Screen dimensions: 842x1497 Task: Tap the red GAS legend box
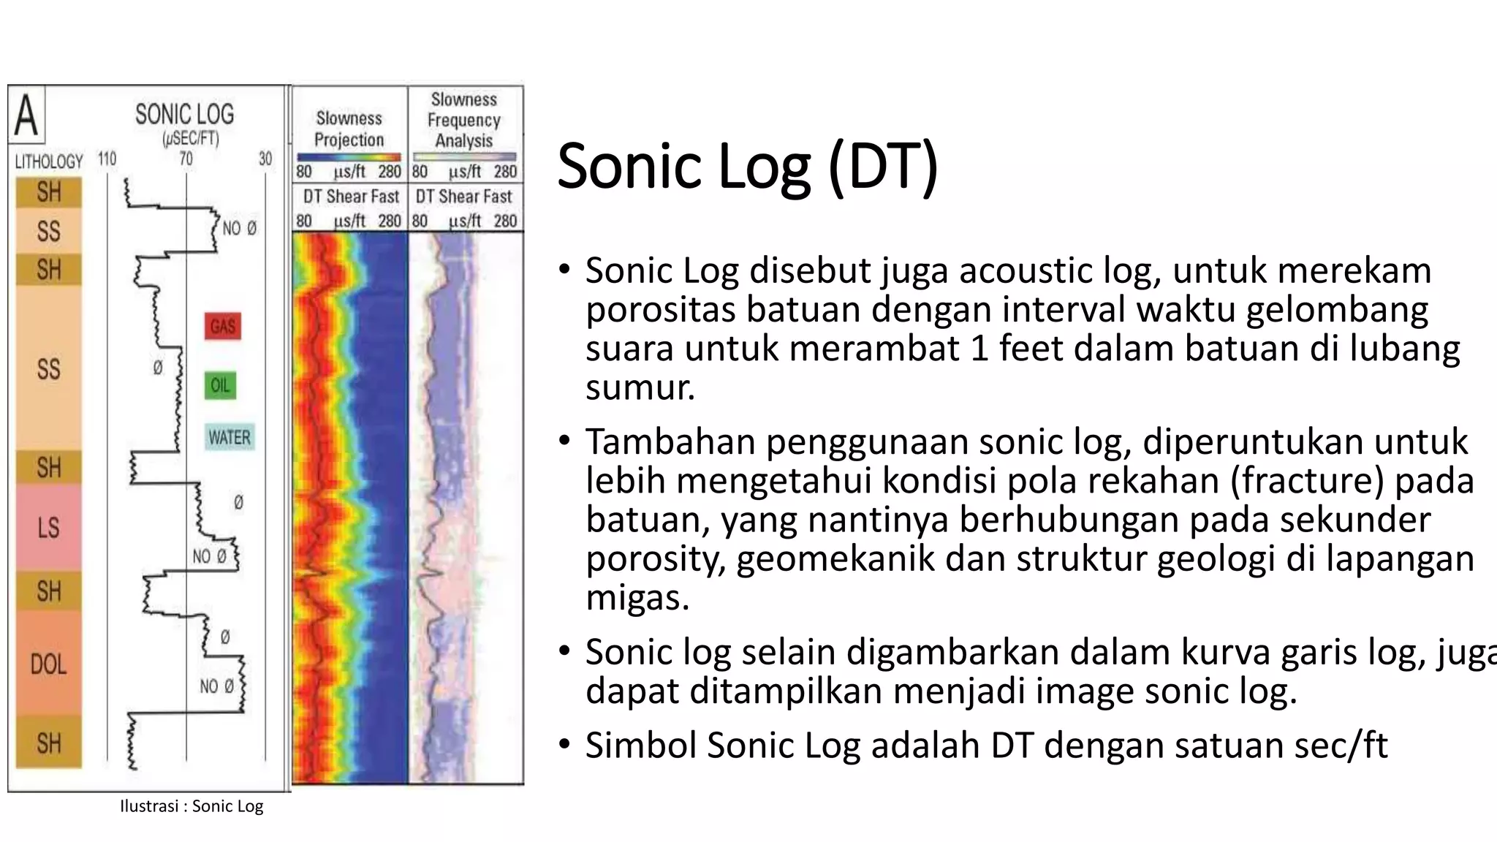click(x=223, y=326)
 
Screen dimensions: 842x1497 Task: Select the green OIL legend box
click(x=220, y=385)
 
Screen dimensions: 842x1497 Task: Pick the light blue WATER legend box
click(x=230, y=437)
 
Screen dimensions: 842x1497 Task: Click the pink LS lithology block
click(x=48, y=527)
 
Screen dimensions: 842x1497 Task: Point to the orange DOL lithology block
click(x=48, y=664)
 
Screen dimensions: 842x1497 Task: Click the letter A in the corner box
click(x=26, y=115)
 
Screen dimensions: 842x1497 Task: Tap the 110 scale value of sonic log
click(x=107, y=159)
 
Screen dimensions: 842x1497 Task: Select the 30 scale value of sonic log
click(x=265, y=159)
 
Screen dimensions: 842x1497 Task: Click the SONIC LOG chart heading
click(x=184, y=115)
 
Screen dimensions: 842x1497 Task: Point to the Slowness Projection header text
click(x=349, y=129)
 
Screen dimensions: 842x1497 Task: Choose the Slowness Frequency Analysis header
click(x=464, y=120)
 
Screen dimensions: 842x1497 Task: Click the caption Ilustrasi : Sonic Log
click(x=192, y=806)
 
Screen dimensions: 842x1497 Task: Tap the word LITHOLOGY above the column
click(x=49, y=162)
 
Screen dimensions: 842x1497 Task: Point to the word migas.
click(x=637, y=598)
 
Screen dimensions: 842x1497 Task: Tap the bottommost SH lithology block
click(x=48, y=743)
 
